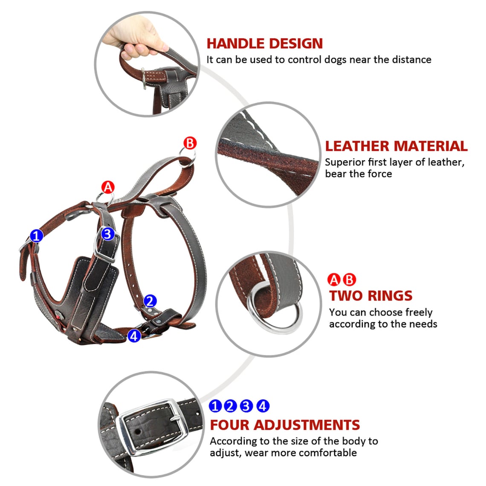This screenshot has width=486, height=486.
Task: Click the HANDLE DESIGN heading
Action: click(x=264, y=43)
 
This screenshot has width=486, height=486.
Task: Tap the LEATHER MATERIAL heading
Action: click(x=396, y=146)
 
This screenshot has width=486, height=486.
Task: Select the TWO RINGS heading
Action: click(x=370, y=295)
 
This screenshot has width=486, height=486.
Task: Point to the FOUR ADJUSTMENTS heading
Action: click(x=285, y=425)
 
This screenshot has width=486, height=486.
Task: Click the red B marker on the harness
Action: click(x=190, y=143)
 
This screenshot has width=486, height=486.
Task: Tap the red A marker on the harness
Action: click(x=108, y=187)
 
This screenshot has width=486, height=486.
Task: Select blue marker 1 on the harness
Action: click(x=37, y=235)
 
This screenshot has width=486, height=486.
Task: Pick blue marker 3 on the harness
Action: click(x=107, y=234)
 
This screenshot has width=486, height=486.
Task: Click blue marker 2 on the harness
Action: click(x=150, y=301)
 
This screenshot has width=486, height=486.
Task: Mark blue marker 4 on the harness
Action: click(x=134, y=336)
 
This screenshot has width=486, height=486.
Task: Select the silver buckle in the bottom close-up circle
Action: click(x=154, y=427)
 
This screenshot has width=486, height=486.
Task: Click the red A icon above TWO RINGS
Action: click(x=334, y=280)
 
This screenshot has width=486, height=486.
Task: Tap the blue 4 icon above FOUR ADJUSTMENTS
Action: click(x=263, y=406)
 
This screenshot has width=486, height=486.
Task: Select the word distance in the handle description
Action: click(x=411, y=59)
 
